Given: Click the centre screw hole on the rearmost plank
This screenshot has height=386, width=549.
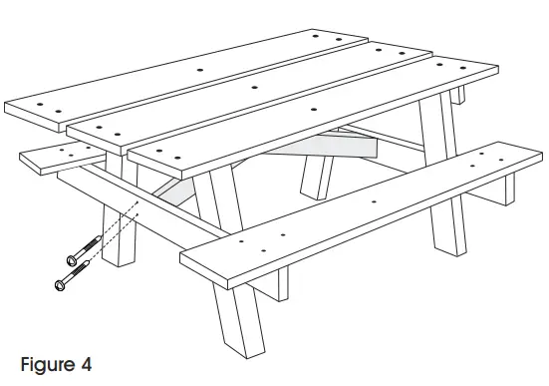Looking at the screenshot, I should pos(200,72).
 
